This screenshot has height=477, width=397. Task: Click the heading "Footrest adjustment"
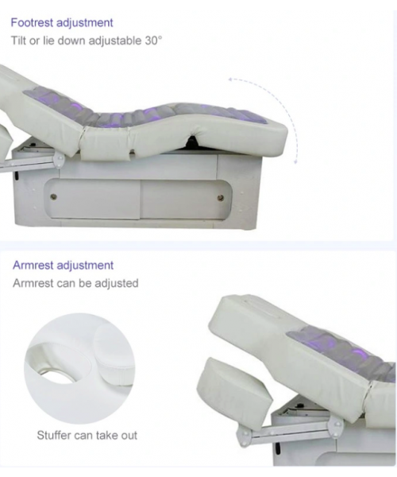click(62, 22)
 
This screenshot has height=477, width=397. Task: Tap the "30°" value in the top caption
click(153, 41)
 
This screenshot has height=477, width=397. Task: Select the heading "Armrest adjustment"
click(63, 266)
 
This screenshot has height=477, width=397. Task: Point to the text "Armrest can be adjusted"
click(75, 283)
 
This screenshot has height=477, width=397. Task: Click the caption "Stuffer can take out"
click(87, 435)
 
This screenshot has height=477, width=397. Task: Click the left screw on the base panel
click(53, 196)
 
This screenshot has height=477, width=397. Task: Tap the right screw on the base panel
click(221, 198)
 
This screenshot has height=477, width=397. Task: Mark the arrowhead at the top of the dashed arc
click(231, 79)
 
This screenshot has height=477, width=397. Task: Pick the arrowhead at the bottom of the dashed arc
click(295, 161)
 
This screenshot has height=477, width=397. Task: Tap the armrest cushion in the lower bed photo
click(234, 386)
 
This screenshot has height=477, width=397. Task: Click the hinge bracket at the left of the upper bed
click(58, 160)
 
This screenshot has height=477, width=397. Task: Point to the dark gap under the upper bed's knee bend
click(192, 142)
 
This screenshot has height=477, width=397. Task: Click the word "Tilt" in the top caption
click(18, 41)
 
